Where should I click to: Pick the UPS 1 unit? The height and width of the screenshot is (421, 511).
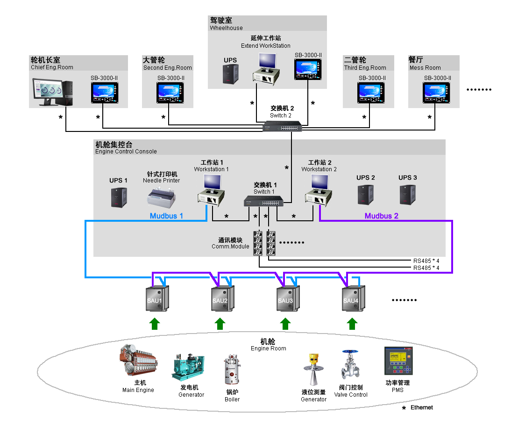[x=119, y=197]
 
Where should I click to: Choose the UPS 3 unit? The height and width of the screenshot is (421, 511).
[x=407, y=194]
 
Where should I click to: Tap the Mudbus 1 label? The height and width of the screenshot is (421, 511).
[x=166, y=216]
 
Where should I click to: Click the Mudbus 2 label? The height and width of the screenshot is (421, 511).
[x=381, y=216]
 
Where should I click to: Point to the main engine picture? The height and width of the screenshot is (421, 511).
[x=139, y=361]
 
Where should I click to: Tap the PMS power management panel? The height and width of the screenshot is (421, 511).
[x=398, y=361]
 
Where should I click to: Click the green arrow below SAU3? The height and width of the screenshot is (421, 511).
[x=285, y=323]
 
